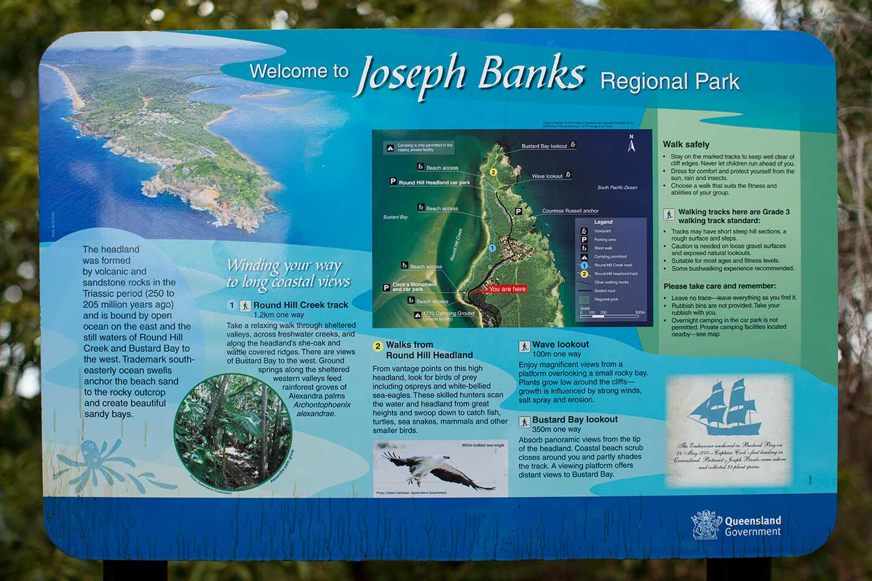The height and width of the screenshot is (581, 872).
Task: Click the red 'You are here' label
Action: (x=507, y=289)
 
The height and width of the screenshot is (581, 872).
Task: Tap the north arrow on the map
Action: (x=631, y=144)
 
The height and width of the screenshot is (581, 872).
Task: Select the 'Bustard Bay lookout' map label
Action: (x=544, y=146)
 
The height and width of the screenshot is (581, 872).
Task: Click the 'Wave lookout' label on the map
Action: (x=547, y=176)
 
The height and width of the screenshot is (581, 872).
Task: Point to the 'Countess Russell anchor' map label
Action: (x=570, y=211)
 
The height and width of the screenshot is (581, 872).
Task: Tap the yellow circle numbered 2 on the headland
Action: (x=493, y=172)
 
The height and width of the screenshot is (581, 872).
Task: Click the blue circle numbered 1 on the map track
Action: (x=491, y=248)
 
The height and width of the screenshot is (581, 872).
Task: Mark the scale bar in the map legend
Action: (x=611, y=315)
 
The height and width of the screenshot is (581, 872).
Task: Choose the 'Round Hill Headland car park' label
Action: (x=434, y=182)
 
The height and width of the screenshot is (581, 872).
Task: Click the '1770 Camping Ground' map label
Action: (x=448, y=314)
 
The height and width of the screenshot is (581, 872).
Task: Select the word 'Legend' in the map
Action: (x=603, y=222)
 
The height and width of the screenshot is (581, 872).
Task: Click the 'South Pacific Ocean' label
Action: (x=617, y=187)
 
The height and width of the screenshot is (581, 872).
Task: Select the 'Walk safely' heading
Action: (x=686, y=144)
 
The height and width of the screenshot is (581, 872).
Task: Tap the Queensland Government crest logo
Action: (x=706, y=525)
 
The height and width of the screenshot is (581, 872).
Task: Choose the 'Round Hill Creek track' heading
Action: (x=300, y=305)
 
